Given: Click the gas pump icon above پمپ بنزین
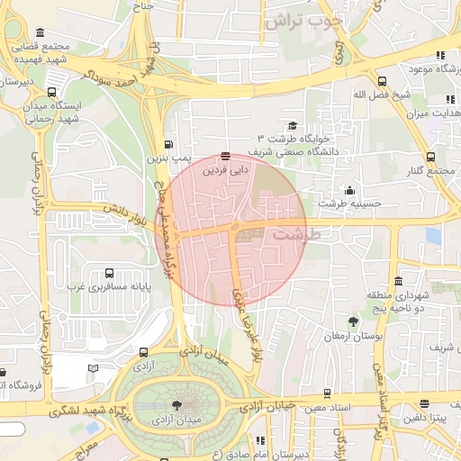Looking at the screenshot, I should point(169,144).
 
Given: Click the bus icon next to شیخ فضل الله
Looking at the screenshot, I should point(383,81).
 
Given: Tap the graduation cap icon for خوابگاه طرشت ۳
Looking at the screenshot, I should point(292,126).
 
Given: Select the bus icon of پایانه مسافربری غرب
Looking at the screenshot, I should point(110,273).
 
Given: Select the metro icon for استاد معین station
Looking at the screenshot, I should point(327,393).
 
